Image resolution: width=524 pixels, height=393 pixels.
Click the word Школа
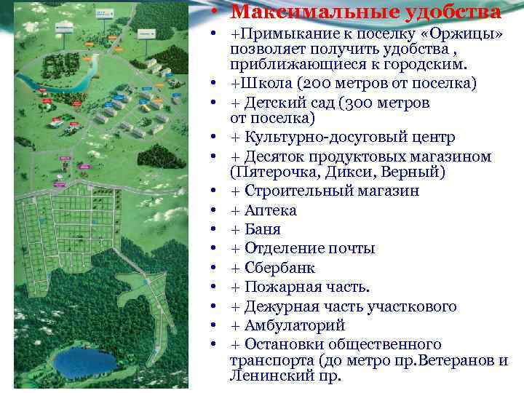pyautogui.click(x=269, y=84)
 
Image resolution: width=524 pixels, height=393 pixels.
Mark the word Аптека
pyautogui.click(x=271, y=211)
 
